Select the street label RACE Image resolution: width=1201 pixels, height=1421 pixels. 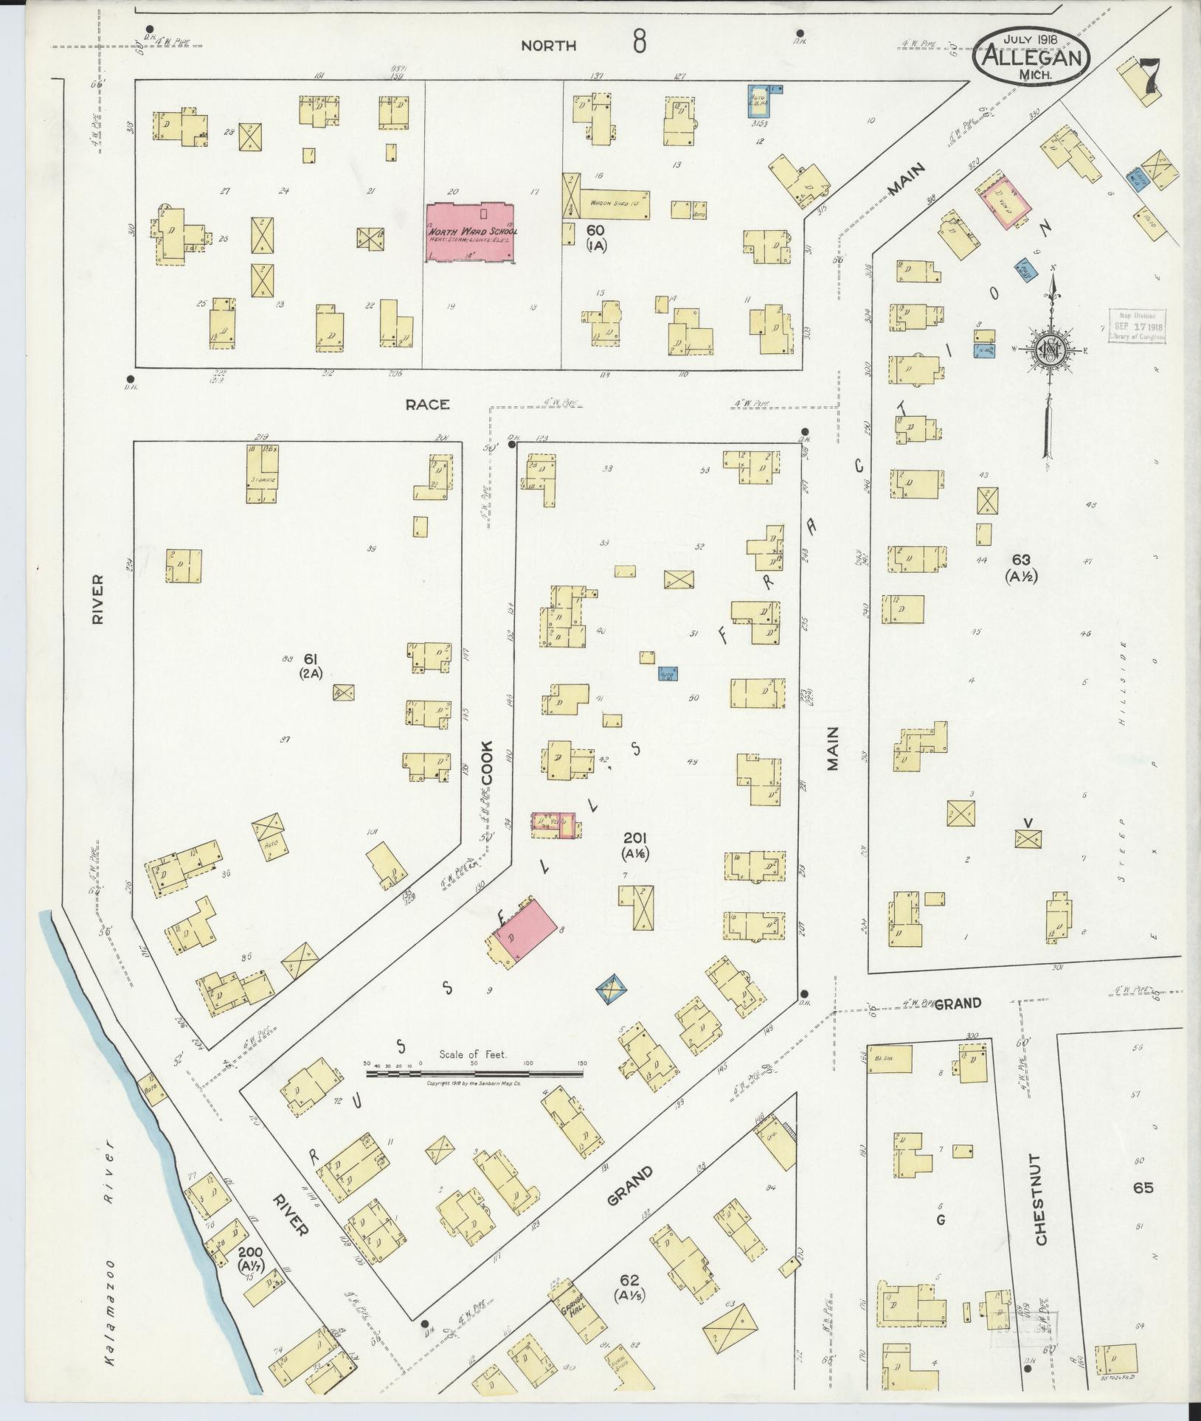[x=427, y=404]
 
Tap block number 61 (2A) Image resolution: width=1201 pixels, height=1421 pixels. [x=308, y=665]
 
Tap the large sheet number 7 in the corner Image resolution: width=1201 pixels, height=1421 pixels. [x=1152, y=77]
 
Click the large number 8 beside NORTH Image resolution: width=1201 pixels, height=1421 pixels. [x=639, y=43]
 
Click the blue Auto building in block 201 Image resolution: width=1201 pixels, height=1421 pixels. [x=668, y=673]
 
